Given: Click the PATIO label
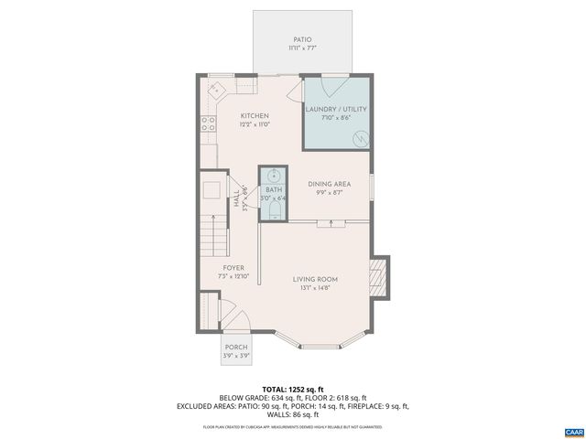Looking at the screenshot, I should click(302, 40).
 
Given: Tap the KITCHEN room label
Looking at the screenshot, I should click(254, 116).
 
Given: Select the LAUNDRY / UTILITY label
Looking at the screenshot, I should click(336, 110).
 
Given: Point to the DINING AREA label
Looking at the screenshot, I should click(330, 183).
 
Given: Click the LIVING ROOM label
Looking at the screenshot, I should click(315, 279).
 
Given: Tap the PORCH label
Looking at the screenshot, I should click(236, 347).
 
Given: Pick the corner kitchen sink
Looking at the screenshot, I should click(217, 90).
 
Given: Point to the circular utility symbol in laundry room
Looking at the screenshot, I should click(361, 140).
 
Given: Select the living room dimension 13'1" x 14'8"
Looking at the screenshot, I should click(315, 288).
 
